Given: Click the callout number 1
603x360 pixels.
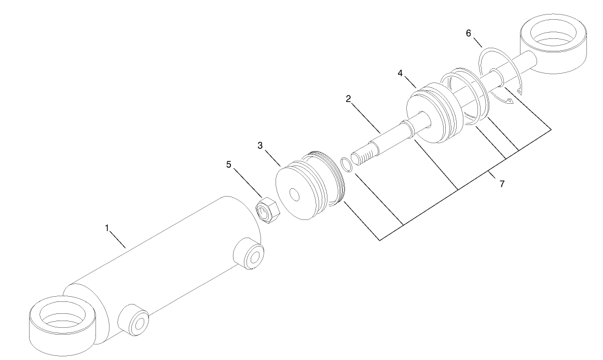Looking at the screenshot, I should (x=107, y=228).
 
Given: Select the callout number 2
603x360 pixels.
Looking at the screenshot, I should (x=349, y=99).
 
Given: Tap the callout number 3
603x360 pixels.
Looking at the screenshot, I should (x=261, y=146).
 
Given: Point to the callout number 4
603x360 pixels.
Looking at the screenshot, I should (x=400, y=74).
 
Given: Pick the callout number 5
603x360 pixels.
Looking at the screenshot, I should (x=228, y=165).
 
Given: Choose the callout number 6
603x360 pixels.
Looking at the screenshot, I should (x=469, y=33).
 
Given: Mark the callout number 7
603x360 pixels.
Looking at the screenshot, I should (x=501, y=184).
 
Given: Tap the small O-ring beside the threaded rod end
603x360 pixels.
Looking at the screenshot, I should (x=346, y=164).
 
